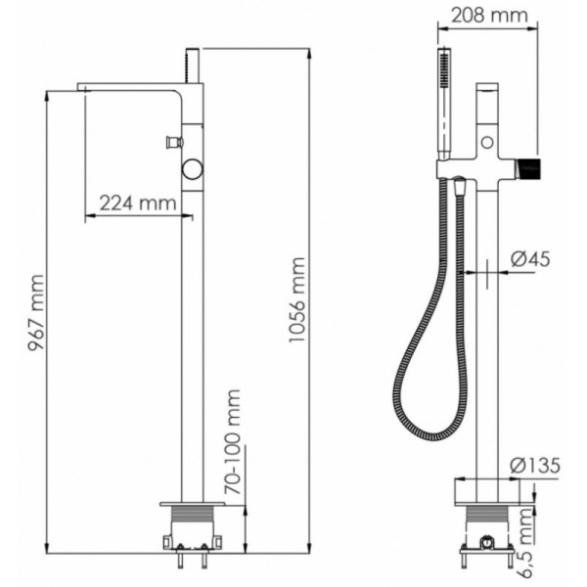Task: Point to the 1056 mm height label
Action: tap(297, 301)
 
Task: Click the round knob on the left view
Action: tap(192, 170)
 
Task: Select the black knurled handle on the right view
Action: tap(528, 165)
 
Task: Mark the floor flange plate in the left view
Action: tap(192, 503)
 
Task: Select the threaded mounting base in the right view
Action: tap(486, 514)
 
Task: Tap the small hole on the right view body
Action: tap(485, 143)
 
